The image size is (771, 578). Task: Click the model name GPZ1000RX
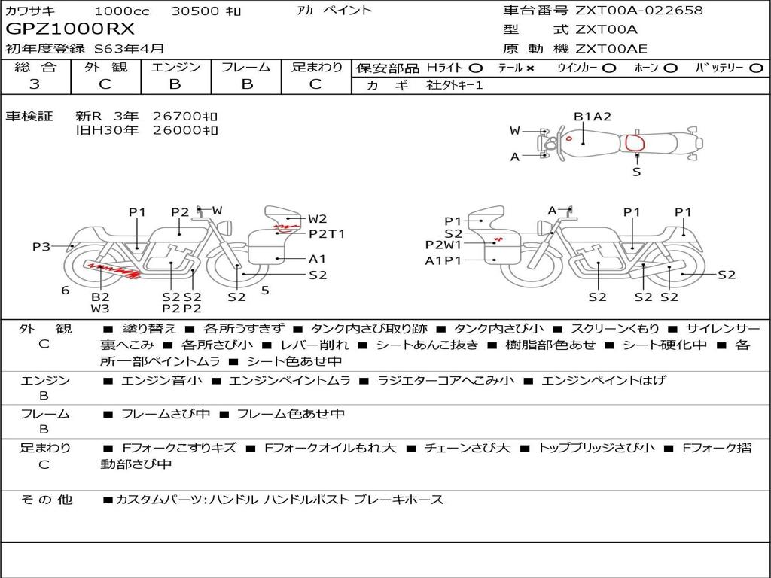(x=70, y=29)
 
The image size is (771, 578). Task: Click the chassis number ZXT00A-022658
(x=639, y=10)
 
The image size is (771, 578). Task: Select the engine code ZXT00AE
(x=611, y=49)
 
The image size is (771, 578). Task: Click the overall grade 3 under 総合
(x=35, y=84)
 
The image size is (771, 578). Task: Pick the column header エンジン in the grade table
(x=175, y=67)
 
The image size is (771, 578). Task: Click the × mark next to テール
(x=530, y=68)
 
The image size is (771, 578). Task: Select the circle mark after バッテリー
(x=756, y=68)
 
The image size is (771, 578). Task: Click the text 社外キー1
(x=455, y=85)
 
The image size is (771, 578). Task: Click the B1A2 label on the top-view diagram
(x=593, y=117)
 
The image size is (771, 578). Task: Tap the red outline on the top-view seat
(x=634, y=142)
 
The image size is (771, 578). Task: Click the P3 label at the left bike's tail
(x=41, y=246)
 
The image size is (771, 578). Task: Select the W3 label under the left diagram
(x=100, y=309)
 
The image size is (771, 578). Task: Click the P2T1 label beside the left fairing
(x=327, y=234)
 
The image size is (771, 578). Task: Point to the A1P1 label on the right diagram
(x=443, y=260)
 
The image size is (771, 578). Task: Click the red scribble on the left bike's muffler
(x=113, y=269)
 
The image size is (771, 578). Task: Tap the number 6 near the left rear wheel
(x=66, y=291)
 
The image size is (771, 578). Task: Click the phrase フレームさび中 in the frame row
(x=165, y=415)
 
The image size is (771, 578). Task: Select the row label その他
(x=47, y=500)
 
